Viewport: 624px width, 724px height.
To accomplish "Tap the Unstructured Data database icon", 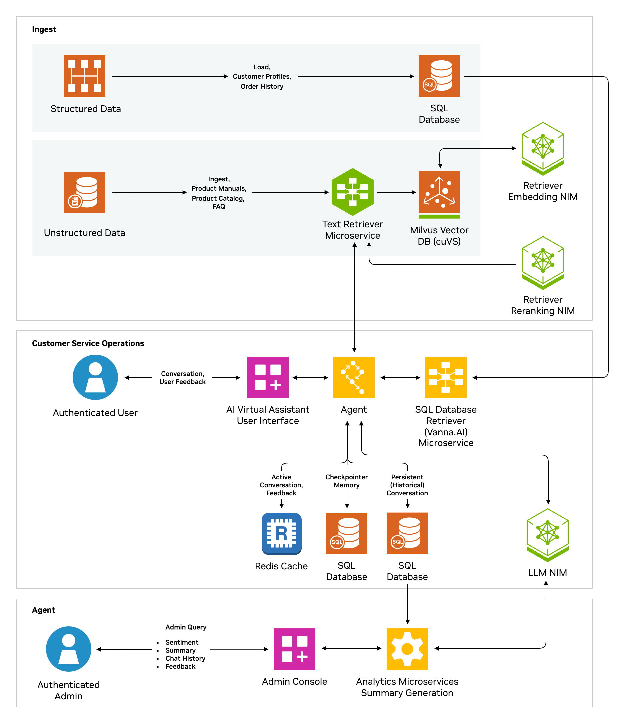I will pyautogui.click(x=85, y=193).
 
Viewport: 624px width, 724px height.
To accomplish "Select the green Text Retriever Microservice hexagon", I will pyautogui.click(x=353, y=192).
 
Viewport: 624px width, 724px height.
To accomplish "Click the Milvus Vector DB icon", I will pyautogui.click(x=439, y=193).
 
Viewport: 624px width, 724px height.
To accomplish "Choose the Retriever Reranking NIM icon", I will pyautogui.click(x=543, y=262).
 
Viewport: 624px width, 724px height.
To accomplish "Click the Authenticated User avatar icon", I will pyautogui.click(x=95, y=377).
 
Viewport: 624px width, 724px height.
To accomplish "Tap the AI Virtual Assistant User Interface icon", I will pyautogui.click(x=268, y=377).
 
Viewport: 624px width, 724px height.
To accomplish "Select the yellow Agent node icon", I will pyautogui.click(x=354, y=377).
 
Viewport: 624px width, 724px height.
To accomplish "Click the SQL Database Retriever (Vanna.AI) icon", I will pyautogui.click(x=446, y=377).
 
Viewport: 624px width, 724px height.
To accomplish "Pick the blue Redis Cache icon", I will pyautogui.click(x=282, y=534).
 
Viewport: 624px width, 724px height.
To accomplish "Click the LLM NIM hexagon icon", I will pyautogui.click(x=547, y=535).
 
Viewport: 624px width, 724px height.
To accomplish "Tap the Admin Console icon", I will pyautogui.click(x=295, y=649).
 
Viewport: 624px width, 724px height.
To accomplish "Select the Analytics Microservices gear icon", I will pyautogui.click(x=407, y=649).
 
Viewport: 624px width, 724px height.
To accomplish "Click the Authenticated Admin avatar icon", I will pyautogui.click(x=68, y=649).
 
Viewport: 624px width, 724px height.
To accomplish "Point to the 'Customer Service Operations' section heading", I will pyautogui.click(x=88, y=343).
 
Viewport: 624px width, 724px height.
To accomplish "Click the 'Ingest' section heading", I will pyautogui.click(x=44, y=29).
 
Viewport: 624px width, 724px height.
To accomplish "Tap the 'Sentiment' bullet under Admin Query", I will pyautogui.click(x=182, y=642).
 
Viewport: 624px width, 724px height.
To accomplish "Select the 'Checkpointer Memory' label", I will pyautogui.click(x=347, y=481).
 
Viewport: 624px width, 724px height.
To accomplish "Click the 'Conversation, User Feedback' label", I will pyautogui.click(x=182, y=378).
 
